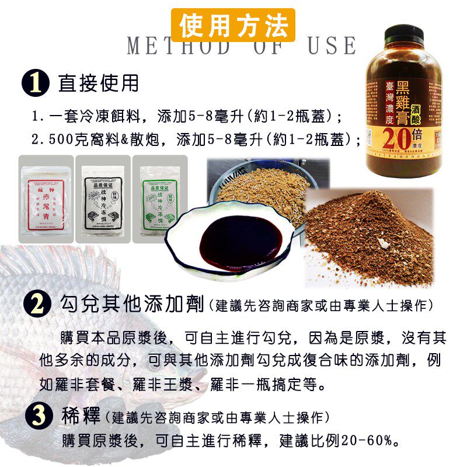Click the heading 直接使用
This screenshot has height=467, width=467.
pos(99,83)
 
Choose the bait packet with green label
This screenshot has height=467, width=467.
pos(159,200)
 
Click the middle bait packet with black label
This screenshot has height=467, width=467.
pos(102,200)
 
